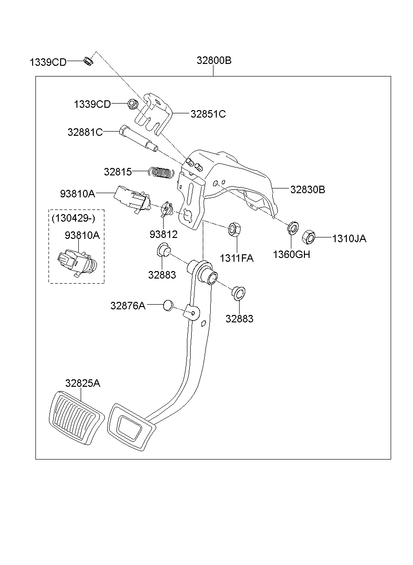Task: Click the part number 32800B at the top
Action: pyautogui.click(x=214, y=61)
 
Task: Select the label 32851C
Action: pyautogui.click(x=208, y=114)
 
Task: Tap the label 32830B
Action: pyautogui.click(x=308, y=189)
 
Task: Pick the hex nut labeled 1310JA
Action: pyautogui.click(x=309, y=237)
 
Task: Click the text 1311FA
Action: pyautogui.click(x=237, y=258)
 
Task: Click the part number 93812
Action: pyautogui.click(x=164, y=234)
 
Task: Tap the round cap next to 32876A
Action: pyautogui.click(x=168, y=306)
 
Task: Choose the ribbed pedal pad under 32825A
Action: pyautogui.click(x=74, y=417)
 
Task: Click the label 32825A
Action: pyautogui.click(x=83, y=383)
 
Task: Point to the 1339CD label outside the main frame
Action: pyautogui.click(x=48, y=62)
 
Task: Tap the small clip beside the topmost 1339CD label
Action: pyautogui.click(x=88, y=61)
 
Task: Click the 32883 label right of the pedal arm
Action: pyautogui.click(x=239, y=319)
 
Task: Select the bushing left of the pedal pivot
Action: pyautogui.click(x=163, y=251)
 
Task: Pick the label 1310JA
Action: pyautogui.click(x=349, y=239)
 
